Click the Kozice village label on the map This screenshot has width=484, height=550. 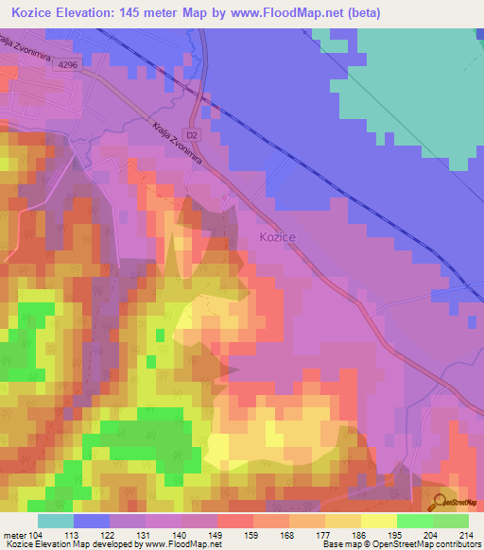(278, 239)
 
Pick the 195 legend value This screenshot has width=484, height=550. (396, 534)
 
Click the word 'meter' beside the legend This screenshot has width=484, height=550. (14, 534)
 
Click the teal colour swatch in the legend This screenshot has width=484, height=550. (56, 521)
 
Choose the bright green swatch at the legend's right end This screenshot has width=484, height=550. (451, 521)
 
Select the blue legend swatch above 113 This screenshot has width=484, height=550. (92, 521)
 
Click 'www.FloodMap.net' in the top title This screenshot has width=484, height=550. (291, 12)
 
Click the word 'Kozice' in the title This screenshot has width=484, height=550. (33, 12)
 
